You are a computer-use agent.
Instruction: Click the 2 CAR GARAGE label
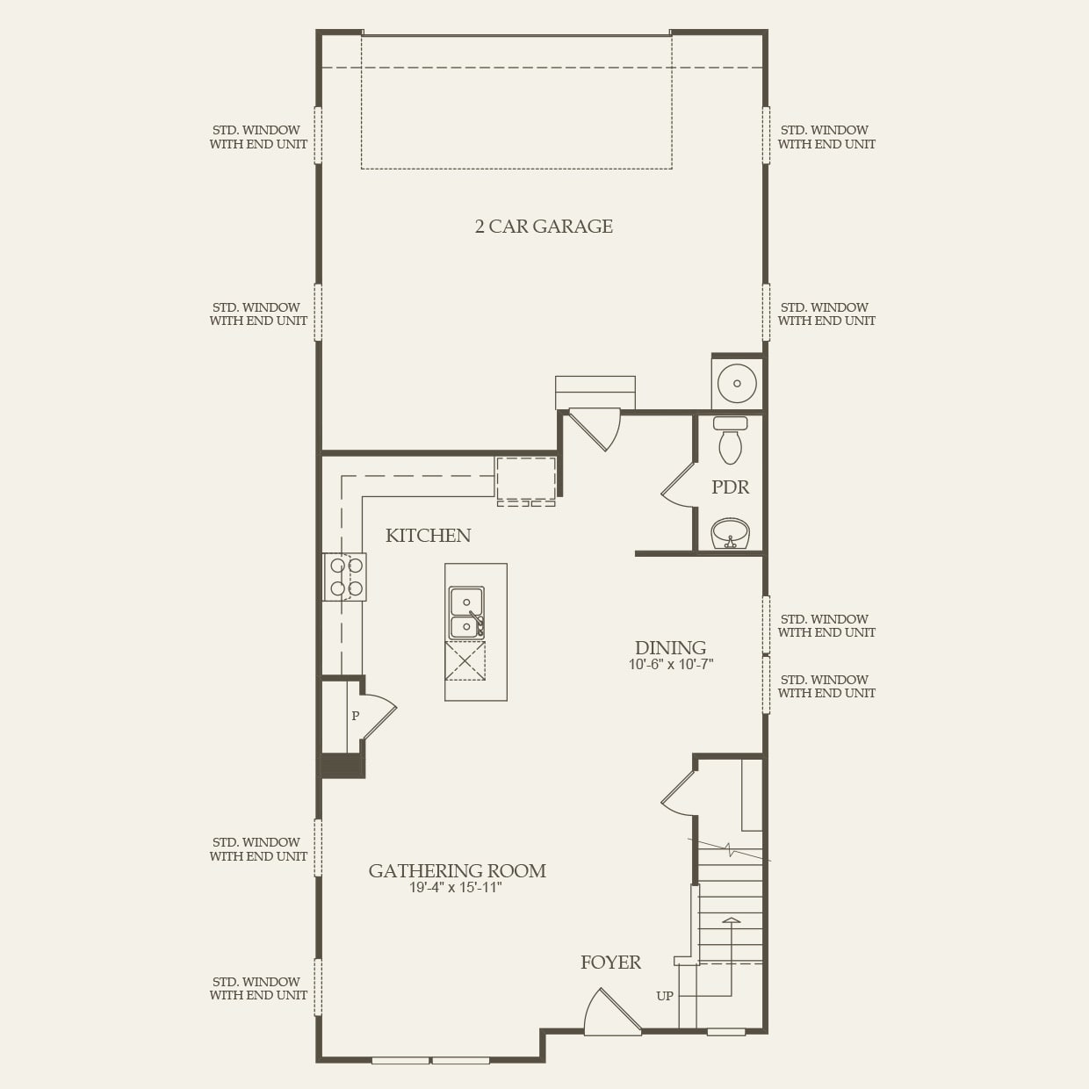tap(544, 227)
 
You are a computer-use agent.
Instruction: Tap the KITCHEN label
tap(428, 536)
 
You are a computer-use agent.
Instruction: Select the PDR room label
tap(730, 487)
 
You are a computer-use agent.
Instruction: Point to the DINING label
tap(670, 648)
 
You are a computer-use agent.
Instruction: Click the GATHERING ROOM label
tap(457, 871)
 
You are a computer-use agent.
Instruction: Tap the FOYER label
tap(610, 963)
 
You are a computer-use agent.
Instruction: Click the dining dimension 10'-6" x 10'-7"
tap(670, 665)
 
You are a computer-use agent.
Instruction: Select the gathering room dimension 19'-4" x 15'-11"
tap(455, 888)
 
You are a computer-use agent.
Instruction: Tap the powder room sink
tap(730, 533)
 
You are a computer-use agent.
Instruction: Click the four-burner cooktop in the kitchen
tap(345, 577)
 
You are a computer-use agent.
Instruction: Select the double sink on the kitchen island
tap(466, 613)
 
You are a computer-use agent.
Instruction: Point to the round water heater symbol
tap(737, 384)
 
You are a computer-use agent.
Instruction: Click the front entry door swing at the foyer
tap(610, 1014)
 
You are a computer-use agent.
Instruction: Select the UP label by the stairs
tap(665, 996)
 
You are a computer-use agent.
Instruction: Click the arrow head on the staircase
tap(731, 920)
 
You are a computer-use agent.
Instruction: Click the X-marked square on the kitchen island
tap(465, 660)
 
